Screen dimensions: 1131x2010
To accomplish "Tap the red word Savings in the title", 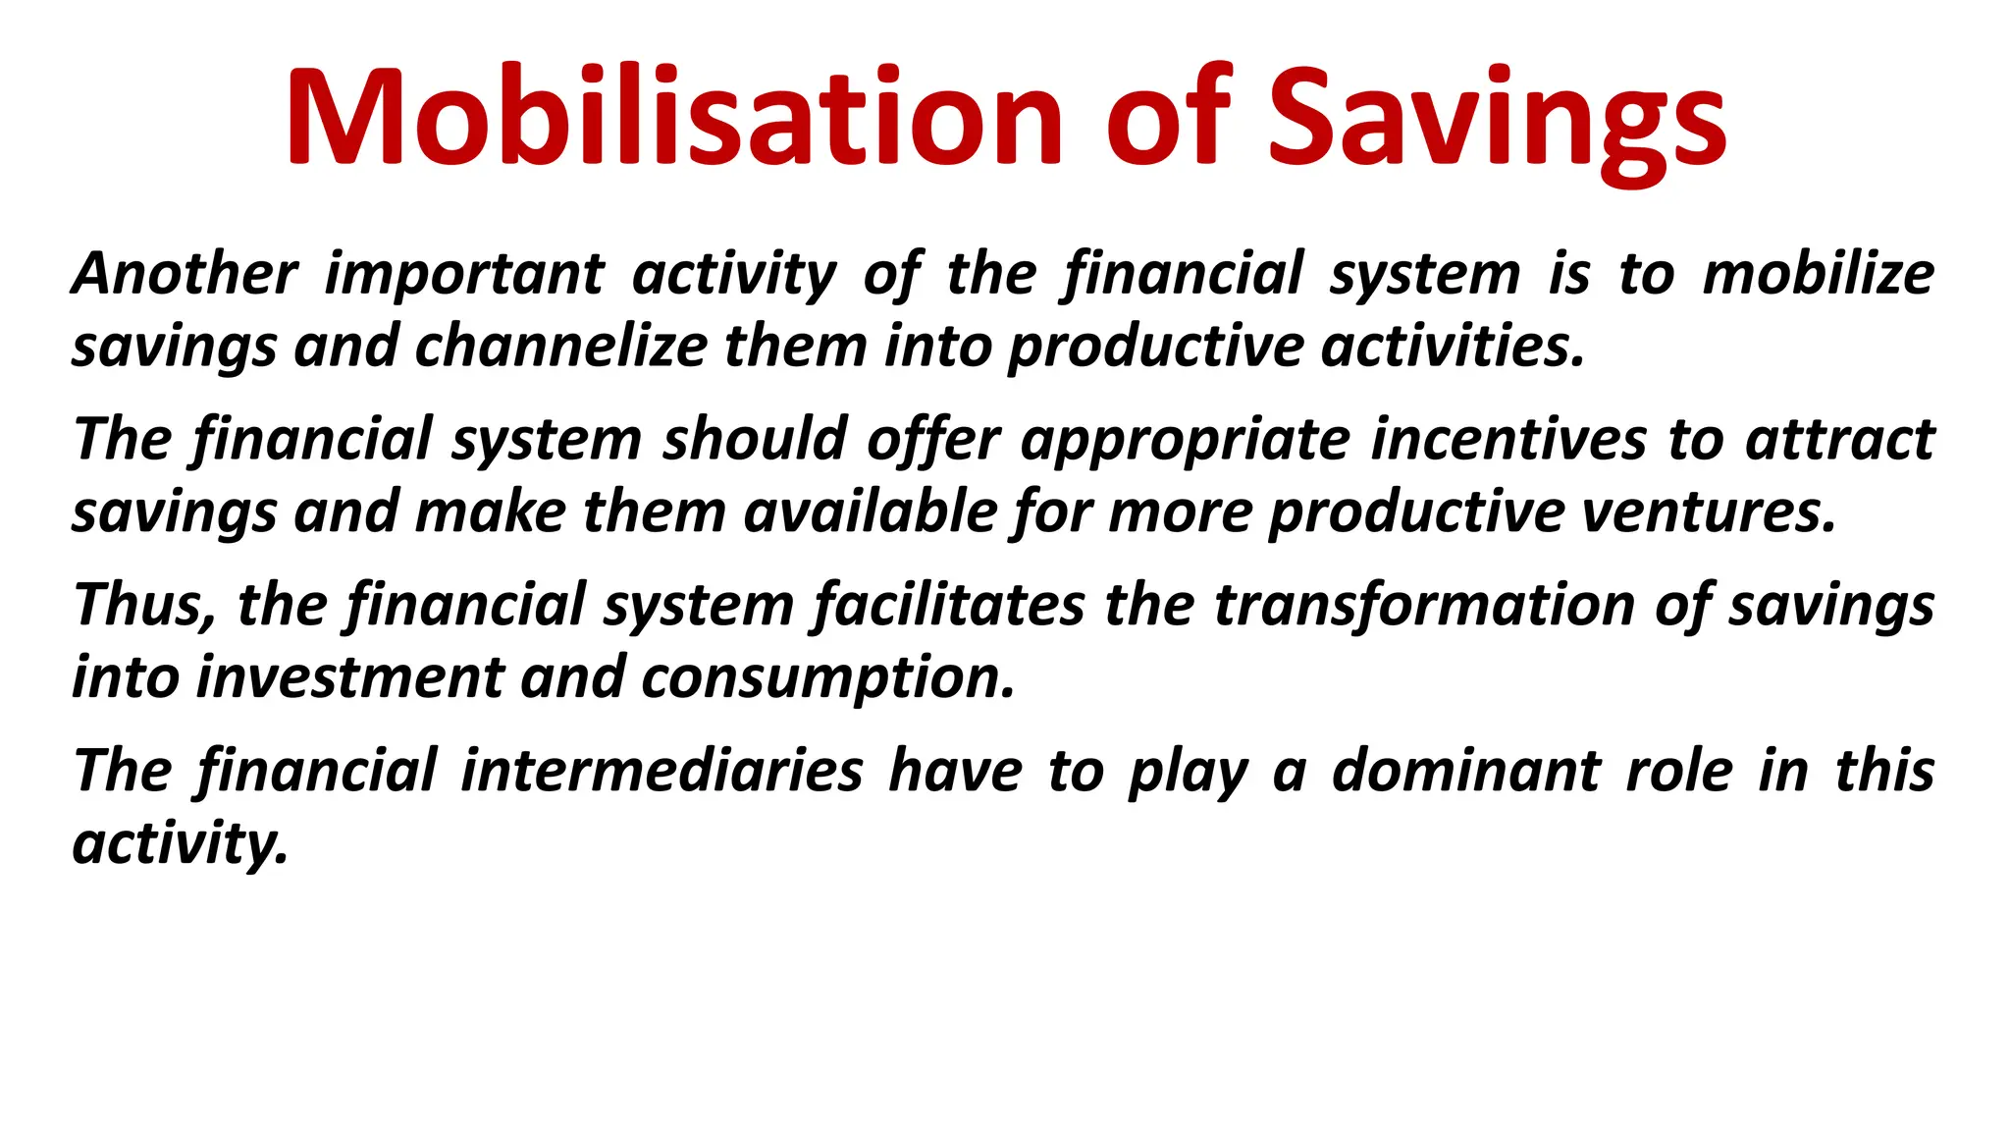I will tap(1497, 118).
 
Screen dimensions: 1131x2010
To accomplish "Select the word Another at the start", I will tap(185, 273).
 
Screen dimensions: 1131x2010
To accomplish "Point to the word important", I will tap(464, 275).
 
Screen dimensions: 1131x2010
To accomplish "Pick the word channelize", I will tap(560, 347).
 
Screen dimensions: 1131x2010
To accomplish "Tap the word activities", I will tap(1453, 347).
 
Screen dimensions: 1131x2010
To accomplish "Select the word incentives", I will tap(1508, 439).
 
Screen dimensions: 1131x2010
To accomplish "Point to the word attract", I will tap(1839, 439).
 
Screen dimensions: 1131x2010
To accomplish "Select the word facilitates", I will tap(950, 605).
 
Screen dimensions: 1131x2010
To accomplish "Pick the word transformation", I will tap(1422, 605).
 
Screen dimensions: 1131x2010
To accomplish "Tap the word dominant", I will tap(1466, 771).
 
